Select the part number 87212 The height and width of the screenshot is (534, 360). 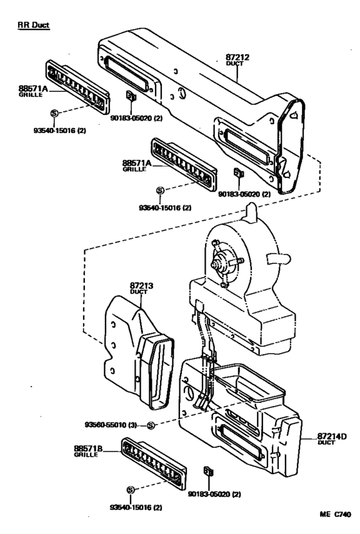pos(237,57)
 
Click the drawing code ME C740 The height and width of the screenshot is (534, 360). pos(335,516)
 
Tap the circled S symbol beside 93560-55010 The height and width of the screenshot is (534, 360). pos(150,425)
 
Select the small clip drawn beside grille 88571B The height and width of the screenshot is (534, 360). pos(208,471)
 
